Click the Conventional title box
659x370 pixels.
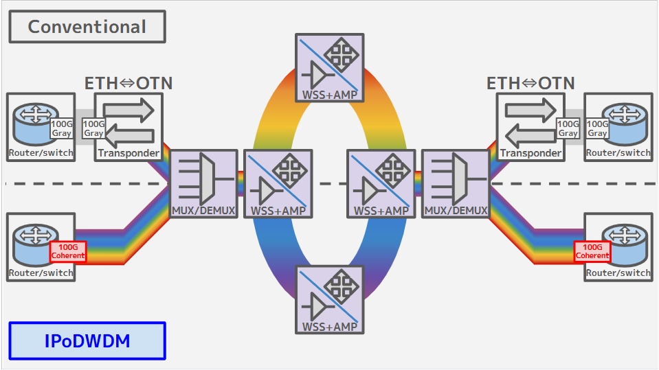click(x=87, y=27)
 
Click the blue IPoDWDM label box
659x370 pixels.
click(x=87, y=340)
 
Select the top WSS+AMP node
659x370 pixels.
click(x=330, y=67)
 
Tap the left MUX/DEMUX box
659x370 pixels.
click(x=203, y=184)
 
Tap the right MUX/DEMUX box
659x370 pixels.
click(x=456, y=184)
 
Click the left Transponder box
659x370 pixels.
click(x=129, y=127)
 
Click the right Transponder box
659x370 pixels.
click(x=530, y=127)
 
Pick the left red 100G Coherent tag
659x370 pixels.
click(x=68, y=252)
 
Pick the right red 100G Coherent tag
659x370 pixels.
click(x=592, y=252)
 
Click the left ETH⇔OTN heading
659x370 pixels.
click(x=129, y=84)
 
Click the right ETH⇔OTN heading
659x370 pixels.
click(x=530, y=84)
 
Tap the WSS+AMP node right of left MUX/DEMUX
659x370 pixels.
click(x=278, y=184)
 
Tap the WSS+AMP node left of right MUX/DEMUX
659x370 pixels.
click(x=381, y=184)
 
